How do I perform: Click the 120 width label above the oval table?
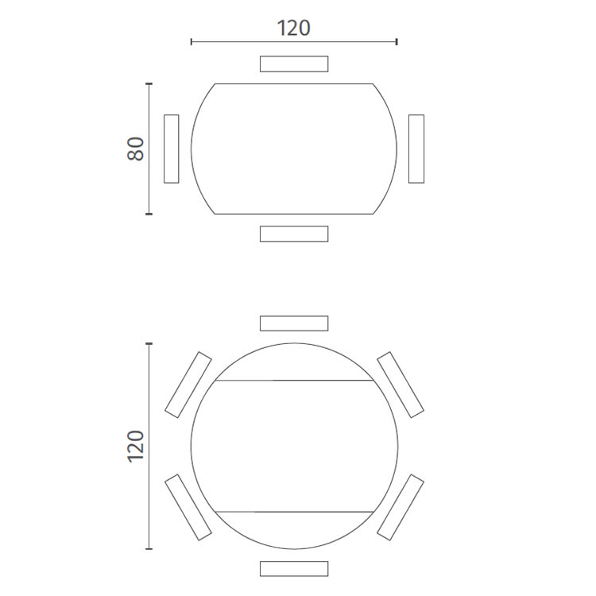point(293,28)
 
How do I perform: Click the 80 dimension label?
point(136,149)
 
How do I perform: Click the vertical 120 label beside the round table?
point(136,447)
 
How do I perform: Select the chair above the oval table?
point(294,64)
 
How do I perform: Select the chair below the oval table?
point(294,234)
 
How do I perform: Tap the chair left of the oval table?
point(172,149)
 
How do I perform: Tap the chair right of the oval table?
point(416,149)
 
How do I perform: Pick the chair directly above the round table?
point(294,323)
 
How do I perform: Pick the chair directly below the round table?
point(294,569)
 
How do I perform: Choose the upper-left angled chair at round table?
point(188,385)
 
